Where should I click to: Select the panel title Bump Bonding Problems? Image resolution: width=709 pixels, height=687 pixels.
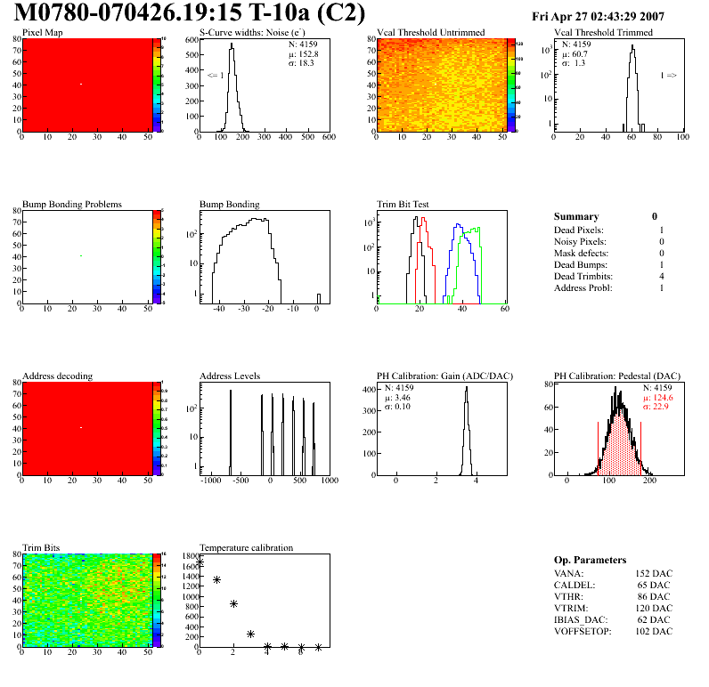[x=72, y=204]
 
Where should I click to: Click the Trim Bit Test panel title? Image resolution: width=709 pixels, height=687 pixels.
[x=403, y=204]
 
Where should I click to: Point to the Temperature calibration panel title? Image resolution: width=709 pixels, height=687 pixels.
[x=246, y=547]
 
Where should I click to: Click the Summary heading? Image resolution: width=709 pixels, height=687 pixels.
[x=576, y=216]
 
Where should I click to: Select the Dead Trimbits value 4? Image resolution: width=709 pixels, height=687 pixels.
[x=661, y=277]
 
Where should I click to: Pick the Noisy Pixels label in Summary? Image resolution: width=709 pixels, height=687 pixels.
[x=580, y=242]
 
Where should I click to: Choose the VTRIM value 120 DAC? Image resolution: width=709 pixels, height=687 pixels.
[x=652, y=608]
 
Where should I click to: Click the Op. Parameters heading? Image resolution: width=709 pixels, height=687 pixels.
[x=590, y=560]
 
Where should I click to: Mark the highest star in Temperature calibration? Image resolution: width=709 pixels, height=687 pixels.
[x=200, y=562]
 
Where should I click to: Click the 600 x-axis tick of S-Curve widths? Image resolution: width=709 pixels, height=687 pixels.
[x=329, y=138]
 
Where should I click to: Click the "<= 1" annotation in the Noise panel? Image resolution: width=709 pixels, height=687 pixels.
[x=215, y=76]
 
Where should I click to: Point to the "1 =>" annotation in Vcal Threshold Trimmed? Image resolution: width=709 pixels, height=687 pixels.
[x=668, y=76]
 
